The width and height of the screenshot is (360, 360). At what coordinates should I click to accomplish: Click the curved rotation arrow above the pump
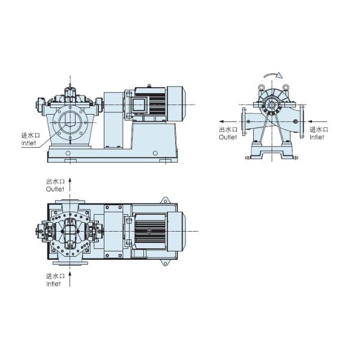click(x=272, y=75)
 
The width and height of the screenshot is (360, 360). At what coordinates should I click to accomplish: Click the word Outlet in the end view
click(x=228, y=137)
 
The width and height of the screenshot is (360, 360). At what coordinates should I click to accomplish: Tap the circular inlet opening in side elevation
click(x=70, y=124)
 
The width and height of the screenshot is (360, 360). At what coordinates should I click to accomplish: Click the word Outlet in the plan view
click(x=55, y=189)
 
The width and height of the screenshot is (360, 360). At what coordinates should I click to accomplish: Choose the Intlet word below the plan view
click(x=54, y=284)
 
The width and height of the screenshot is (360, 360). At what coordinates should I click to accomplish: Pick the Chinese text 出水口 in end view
click(x=228, y=129)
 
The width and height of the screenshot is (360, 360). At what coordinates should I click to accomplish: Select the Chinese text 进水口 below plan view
click(x=55, y=276)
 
